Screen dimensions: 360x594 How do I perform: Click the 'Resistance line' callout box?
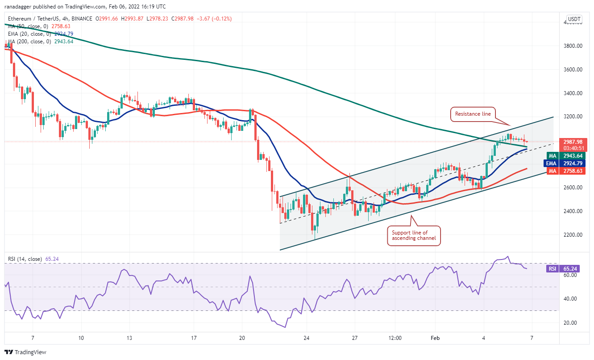tap(473, 114)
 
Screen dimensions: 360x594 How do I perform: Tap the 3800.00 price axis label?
tap(572, 46)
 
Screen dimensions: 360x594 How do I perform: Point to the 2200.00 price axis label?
tap(572, 235)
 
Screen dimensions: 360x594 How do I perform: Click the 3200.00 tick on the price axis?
tap(572, 117)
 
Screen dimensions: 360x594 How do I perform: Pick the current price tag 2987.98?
tap(572, 142)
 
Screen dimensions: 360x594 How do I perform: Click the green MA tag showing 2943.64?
tap(572, 155)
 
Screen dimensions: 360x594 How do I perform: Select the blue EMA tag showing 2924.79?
tap(572, 163)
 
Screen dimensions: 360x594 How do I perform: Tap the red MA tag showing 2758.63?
tap(572, 171)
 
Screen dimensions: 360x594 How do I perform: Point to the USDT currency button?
tap(573, 20)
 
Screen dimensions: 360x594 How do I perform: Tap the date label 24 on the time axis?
tap(307, 338)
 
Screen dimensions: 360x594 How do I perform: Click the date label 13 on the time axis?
tap(129, 338)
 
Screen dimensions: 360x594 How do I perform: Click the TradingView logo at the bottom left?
tap(26, 352)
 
